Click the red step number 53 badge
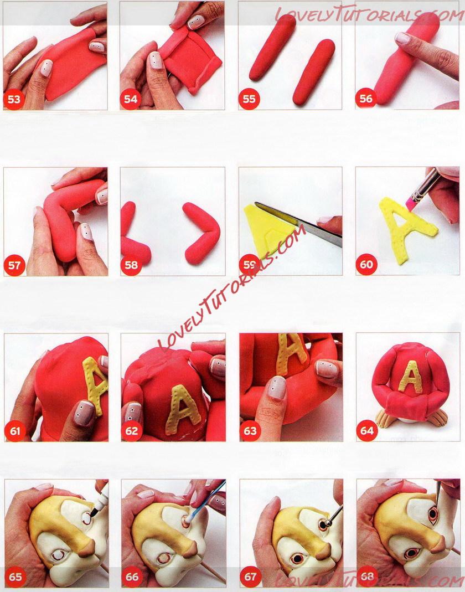14,99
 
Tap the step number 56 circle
366,99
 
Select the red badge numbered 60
366,264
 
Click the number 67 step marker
250,577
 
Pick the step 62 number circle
131,430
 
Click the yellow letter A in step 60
405,228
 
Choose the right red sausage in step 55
314,72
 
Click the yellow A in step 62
183,410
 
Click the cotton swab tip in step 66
187,520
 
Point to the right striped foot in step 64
438,418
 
